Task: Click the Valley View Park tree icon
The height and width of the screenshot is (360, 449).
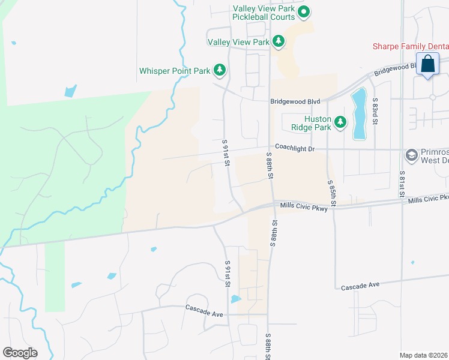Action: click(278, 41)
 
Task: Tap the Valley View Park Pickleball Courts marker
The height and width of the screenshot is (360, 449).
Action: click(304, 11)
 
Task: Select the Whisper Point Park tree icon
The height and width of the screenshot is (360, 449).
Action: click(220, 70)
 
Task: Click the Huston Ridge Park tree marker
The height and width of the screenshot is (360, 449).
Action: click(341, 122)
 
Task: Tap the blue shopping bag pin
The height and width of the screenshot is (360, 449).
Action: click(427, 64)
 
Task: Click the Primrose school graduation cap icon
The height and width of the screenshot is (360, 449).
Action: click(411, 155)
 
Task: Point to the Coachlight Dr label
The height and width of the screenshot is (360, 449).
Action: click(295, 146)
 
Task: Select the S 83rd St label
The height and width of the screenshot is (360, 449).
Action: click(374, 112)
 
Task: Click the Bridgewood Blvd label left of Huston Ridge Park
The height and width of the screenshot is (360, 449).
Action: click(295, 102)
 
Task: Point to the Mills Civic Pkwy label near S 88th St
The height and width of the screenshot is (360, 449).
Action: click(303, 206)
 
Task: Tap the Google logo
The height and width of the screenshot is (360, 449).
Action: click(20, 352)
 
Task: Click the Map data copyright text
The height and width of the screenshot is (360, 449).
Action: click(424, 355)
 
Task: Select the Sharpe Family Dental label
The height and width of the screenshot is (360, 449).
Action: click(411, 46)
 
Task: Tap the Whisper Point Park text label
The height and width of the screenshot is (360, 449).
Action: click(175, 71)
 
